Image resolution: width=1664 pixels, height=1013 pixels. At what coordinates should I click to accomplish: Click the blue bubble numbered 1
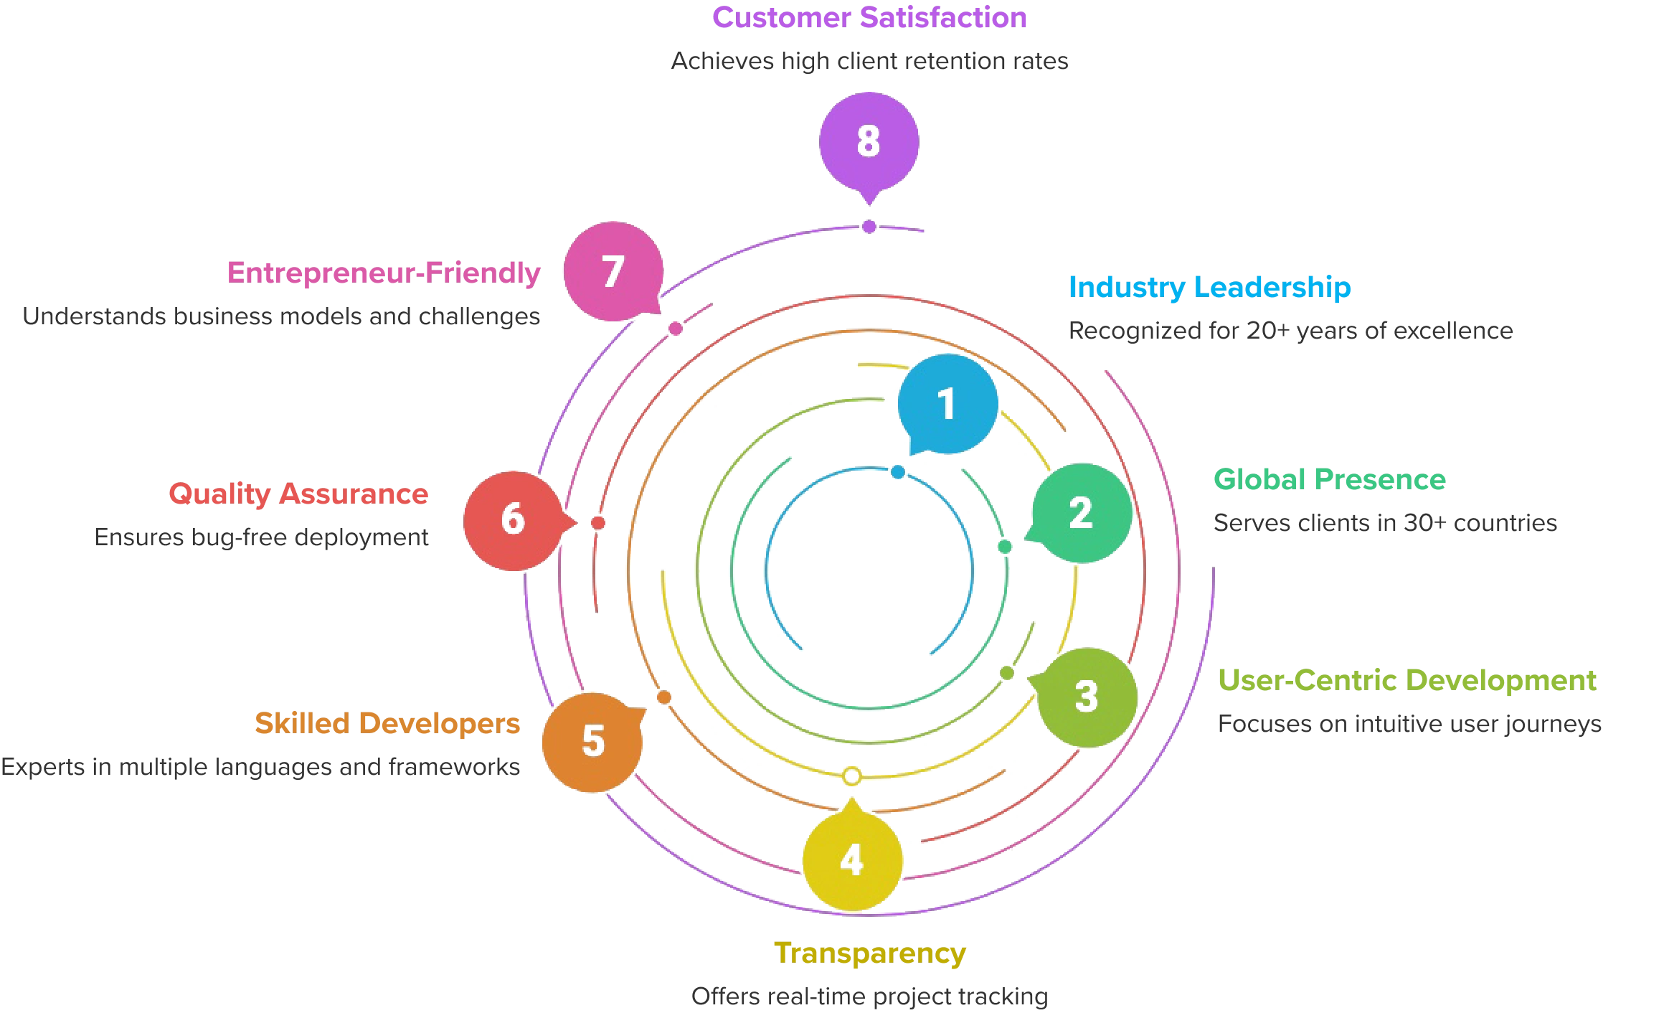pyautogui.click(x=947, y=403)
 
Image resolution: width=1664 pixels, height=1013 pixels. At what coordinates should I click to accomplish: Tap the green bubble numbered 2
pyautogui.click(x=1081, y=514)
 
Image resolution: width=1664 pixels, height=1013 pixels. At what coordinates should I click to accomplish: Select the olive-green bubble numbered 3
pyautogui.click(x=1087, y=697)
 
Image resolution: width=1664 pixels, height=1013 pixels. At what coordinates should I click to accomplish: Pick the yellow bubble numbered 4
pyautogui.click(x=852, y=860)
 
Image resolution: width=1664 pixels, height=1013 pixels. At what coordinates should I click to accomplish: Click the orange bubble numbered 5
pyautogui.click(x=592, y=741)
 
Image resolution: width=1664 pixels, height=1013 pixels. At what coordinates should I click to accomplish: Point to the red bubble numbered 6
pyautogui.click(x=513, y=520)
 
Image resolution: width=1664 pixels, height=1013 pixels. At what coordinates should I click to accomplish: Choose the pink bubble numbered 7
pyautogui.click(x=613, y=271)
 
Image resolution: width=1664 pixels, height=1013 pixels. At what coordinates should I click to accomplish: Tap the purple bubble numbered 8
pyautogui.click(x=869, y=141)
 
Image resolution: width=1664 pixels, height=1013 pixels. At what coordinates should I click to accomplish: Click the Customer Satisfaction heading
pyautogui.click(x=869, y=17)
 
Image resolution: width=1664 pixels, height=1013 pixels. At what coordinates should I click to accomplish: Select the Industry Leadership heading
pyautogui.click(x=1210, y=287)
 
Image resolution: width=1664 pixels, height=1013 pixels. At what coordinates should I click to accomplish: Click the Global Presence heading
pyautogui.click(x=1328, y=479)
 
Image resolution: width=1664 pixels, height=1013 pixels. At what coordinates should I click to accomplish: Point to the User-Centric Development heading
pyautogui.click(x=1408, y=680)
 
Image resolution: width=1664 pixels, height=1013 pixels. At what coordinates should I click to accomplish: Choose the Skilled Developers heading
pyautogui.click(x=387, y=723)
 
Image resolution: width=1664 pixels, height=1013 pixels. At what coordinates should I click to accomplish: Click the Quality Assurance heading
pyautogui.click(x=298, y=494)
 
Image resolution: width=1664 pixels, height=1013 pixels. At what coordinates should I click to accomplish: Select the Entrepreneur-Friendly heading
pyautogui.click(x=384, y=273)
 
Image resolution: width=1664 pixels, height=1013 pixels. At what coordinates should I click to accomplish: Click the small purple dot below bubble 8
pyautogui.click(x=869, y=227)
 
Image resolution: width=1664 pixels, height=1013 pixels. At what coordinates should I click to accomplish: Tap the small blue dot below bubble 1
pyautogui.click(x=898, y=473)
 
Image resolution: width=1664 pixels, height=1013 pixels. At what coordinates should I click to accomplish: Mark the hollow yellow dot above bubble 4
pyautogui.click(x=851, y=776)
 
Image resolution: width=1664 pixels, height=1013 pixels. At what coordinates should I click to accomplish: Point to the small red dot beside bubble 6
pyautogui.click(x=598, y=523)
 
